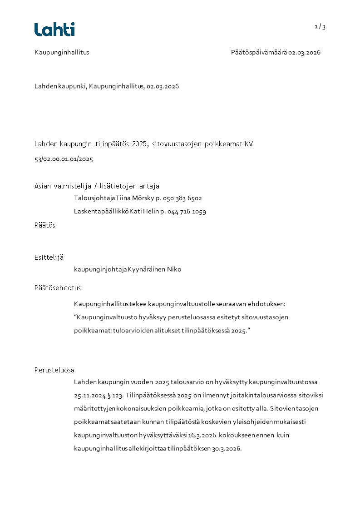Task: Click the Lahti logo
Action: click(54, 30)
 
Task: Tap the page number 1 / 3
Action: click(320, 27)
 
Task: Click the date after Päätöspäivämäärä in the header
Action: click(304, 52)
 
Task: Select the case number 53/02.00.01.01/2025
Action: click(64, 159)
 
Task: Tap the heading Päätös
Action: click(45, 225)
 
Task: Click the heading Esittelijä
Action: click(49, 257)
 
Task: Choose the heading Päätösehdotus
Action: click(58, 288)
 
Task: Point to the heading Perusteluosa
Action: click(54, 370)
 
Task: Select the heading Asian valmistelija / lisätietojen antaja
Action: click(97, 186)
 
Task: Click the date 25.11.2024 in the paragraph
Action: click(89, 395)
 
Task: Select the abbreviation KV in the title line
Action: click(249, 144)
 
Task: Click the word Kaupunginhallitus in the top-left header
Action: click(62, 52)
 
